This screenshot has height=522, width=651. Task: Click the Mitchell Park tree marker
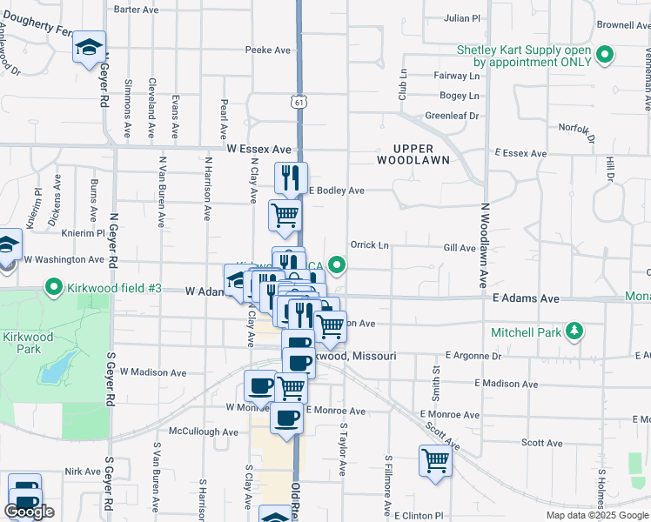click(574, 331)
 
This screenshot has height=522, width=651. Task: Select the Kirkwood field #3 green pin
click(54, 285)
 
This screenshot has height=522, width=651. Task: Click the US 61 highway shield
click(299, 103)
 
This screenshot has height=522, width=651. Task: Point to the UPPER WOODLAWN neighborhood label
click(413, 154)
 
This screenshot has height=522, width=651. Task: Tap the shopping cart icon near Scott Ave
click(434, 461)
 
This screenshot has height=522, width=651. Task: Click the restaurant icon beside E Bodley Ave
click(289, 177)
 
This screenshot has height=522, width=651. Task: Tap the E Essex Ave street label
click(520, 153)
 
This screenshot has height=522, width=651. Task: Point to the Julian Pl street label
click(462, 17)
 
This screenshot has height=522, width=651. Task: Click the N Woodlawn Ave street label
click(484, 245)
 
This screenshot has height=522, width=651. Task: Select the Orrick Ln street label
click(369, 244)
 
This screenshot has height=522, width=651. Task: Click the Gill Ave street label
click(460, 248)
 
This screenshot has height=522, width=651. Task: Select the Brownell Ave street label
click(623, 25)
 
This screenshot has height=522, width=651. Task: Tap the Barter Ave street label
click(137, 10)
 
